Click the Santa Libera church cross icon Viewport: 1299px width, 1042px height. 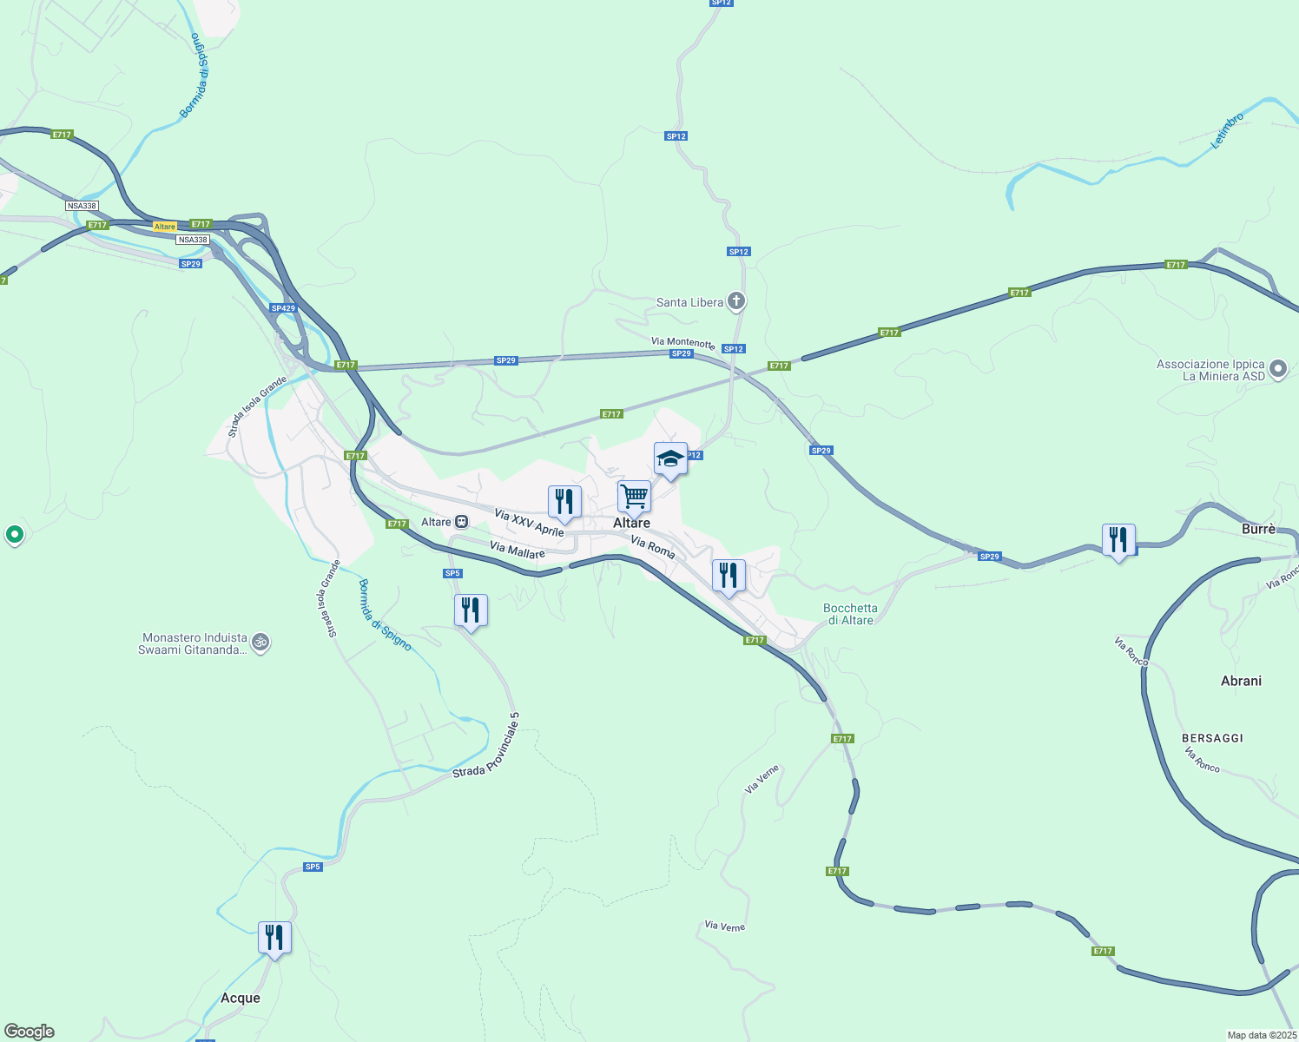pyautogui.click(x=736, y=301)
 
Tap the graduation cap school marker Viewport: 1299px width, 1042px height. pyautogui.click(x=670, y=458)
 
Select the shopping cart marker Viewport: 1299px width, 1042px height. pyautogui.click(x=634, y=498)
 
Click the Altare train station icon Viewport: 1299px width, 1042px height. pyautogui.click(x=461, y=522)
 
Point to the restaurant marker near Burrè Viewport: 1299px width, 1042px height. pyautogui.click(x=1118, y=540)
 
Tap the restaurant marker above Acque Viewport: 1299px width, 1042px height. pyautogui.click(x=274, y=938)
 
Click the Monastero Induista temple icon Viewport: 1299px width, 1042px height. pyautogui.click(x=260, y=643)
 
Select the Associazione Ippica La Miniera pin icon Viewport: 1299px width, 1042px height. pyautogui.click(x=1278, y=369)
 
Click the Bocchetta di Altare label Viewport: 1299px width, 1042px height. pyautogui.click(x=850, y=614)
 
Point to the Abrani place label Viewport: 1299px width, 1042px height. pyautogui.click(x=1241, y=681)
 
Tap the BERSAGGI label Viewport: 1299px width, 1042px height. pyautogui.click(x=1212, y=738)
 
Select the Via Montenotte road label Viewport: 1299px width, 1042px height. pyautogui.click(x=682, y=342)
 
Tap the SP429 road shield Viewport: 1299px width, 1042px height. pyautogui.click(x=283, y=308)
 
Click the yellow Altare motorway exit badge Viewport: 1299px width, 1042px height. pyautogui.click(x=164, y=227)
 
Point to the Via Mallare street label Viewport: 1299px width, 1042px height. pyautogui.click(x=517, y=550)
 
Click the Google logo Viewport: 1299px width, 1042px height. pyautogui.click(x=30, y=1032)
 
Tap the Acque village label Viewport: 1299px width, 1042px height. pyautogui.click(x=241, y=998)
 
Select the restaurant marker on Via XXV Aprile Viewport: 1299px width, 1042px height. pyautogui.click(x=564, y=502)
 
